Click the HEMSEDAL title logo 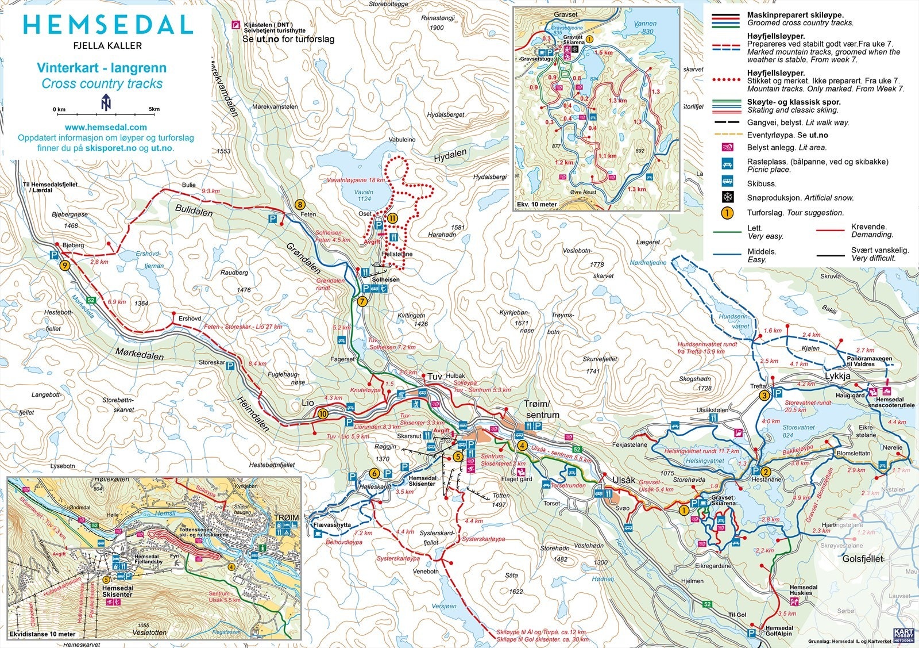click(107, 25)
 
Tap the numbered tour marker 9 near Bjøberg click(64, 266)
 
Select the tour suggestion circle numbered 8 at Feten click(299, 204)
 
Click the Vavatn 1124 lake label click(364, 195)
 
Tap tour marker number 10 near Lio click(323, 413)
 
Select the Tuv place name click(434, 376)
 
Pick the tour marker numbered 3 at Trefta click(764, 396)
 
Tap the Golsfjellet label click(862, 558)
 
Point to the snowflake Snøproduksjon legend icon click(727, 198)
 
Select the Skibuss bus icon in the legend click(727, 183)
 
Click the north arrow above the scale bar click(105, 102)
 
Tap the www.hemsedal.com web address click(105, 127)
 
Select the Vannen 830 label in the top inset click(647, 28)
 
